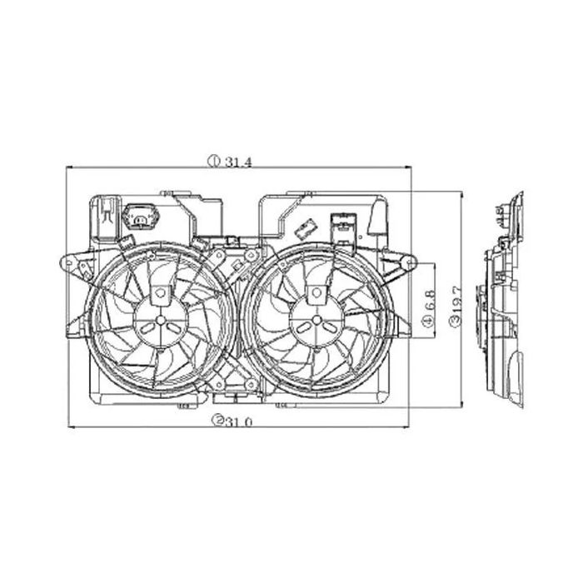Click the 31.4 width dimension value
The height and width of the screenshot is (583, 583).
coord(238,162)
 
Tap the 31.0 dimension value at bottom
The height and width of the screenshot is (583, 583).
coord(239,421)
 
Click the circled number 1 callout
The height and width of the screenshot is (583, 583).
coord(214,162)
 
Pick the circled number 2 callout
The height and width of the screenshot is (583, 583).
coord(217,421)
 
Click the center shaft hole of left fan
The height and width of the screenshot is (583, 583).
coord(161,320)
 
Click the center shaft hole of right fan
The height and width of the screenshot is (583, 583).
coord(316,320)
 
